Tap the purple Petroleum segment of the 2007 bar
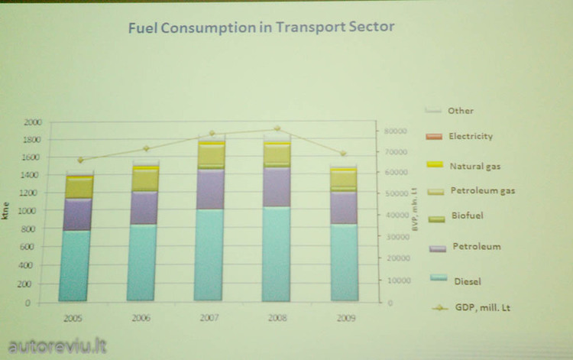(210, 189)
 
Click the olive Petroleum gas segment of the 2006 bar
(143, 179)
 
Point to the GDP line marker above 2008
(277, 128)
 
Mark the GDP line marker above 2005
(80, 161)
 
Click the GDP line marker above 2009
(343, 154)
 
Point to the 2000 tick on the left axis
(33, 122)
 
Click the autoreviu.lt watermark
(55, 345)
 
